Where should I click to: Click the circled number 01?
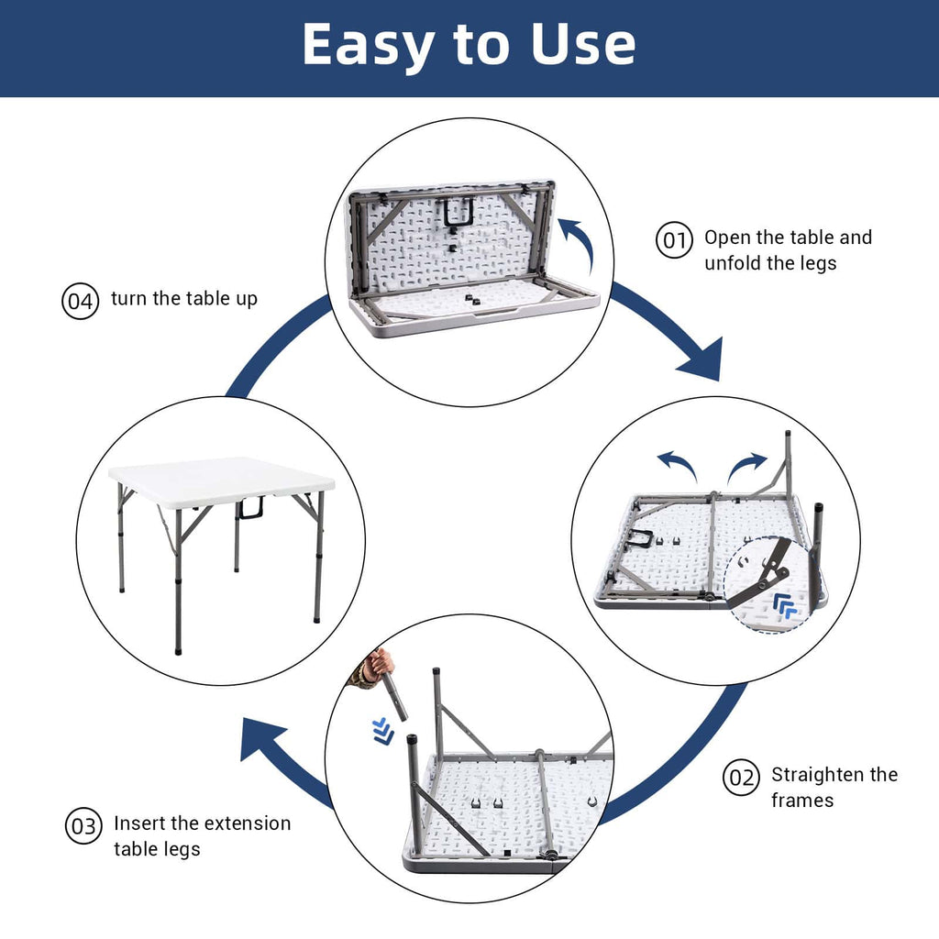click(674, 241)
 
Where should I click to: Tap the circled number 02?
click(741, 778)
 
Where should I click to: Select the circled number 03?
click(83, 827)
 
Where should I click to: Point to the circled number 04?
click(80, 302)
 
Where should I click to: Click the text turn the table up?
click(183, 299)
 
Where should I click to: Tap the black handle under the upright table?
click(250, 508)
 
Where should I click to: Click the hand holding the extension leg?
click(377, 664)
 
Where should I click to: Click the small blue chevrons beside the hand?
click(383, 731)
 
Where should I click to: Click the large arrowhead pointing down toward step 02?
click(702, 362)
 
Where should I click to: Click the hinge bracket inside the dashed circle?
click(770, 569)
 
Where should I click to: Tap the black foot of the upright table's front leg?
click(178, 649)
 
